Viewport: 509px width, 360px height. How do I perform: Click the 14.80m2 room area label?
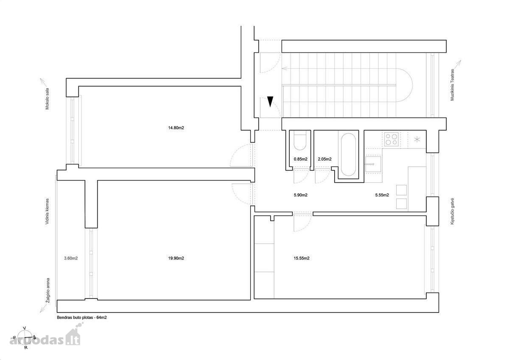point(176,128)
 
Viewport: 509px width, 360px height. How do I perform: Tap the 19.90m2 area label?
point(176,258)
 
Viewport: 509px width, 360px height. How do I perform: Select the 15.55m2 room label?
point(302,258)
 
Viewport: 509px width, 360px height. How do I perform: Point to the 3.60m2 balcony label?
point(71,258)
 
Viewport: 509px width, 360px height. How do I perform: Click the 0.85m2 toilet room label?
point(301,159)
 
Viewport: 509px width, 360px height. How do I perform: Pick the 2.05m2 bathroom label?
point(324,159)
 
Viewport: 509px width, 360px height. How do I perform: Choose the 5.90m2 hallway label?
point(301,195)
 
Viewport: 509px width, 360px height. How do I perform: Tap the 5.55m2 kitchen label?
point(382,195)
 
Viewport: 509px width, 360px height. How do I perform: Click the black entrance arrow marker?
point(270,101)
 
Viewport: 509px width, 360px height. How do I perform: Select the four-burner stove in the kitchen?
point(392,139)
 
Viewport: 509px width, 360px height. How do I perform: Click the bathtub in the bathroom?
point(348,154)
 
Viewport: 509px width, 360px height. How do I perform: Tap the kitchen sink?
point(373,164)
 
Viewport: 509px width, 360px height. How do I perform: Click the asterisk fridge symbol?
point(417,140)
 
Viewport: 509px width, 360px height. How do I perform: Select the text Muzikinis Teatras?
point(452,85)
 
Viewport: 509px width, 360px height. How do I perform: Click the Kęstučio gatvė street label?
point(452,212)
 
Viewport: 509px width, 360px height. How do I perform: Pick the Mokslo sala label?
point(47,99)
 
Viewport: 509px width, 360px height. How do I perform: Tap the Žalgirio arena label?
point(48,290)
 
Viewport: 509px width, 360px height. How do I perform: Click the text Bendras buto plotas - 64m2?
point(82,318)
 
